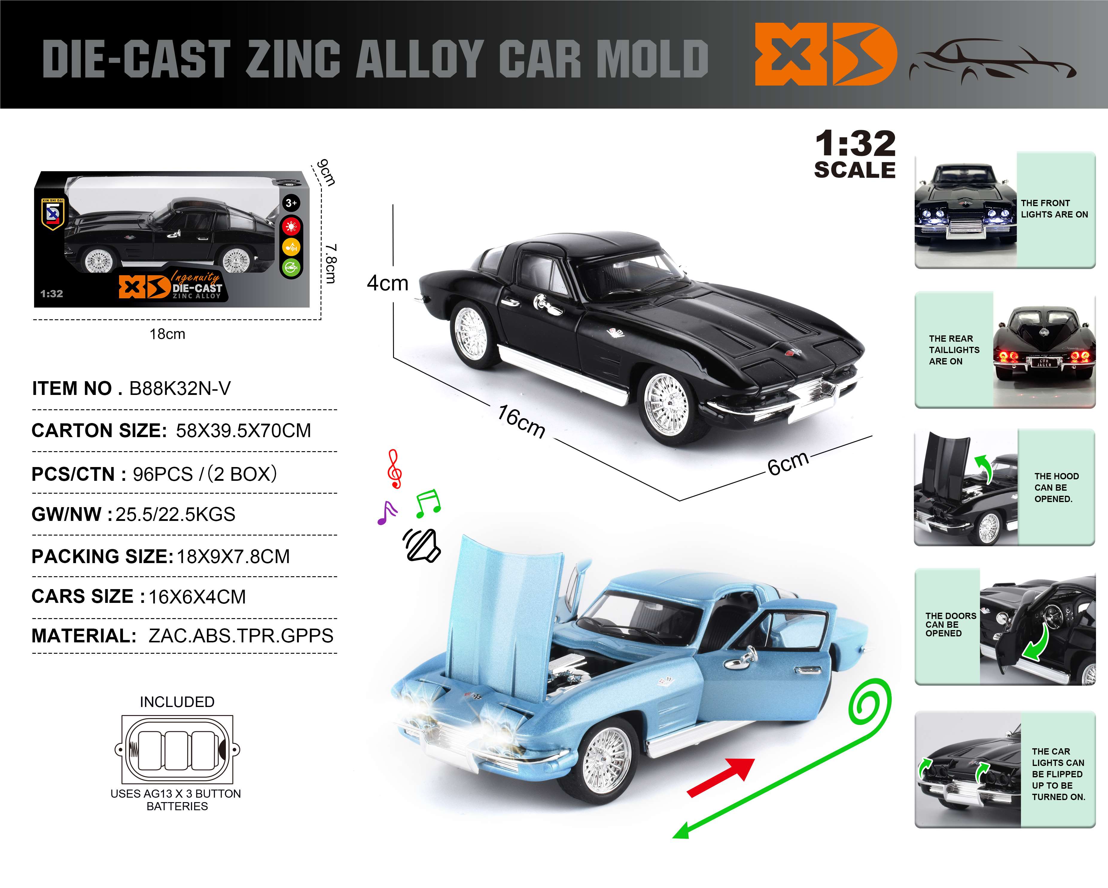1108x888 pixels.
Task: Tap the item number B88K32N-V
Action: click(180, 388)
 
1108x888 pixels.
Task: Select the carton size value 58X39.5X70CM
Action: click(243, 431)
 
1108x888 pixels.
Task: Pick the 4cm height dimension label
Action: click(387, 283)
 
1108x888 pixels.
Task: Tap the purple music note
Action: click(387, 513)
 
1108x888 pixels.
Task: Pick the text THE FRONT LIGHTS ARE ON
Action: click(1054, 209)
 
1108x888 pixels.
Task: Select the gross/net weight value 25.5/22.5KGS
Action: click(175, 514)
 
